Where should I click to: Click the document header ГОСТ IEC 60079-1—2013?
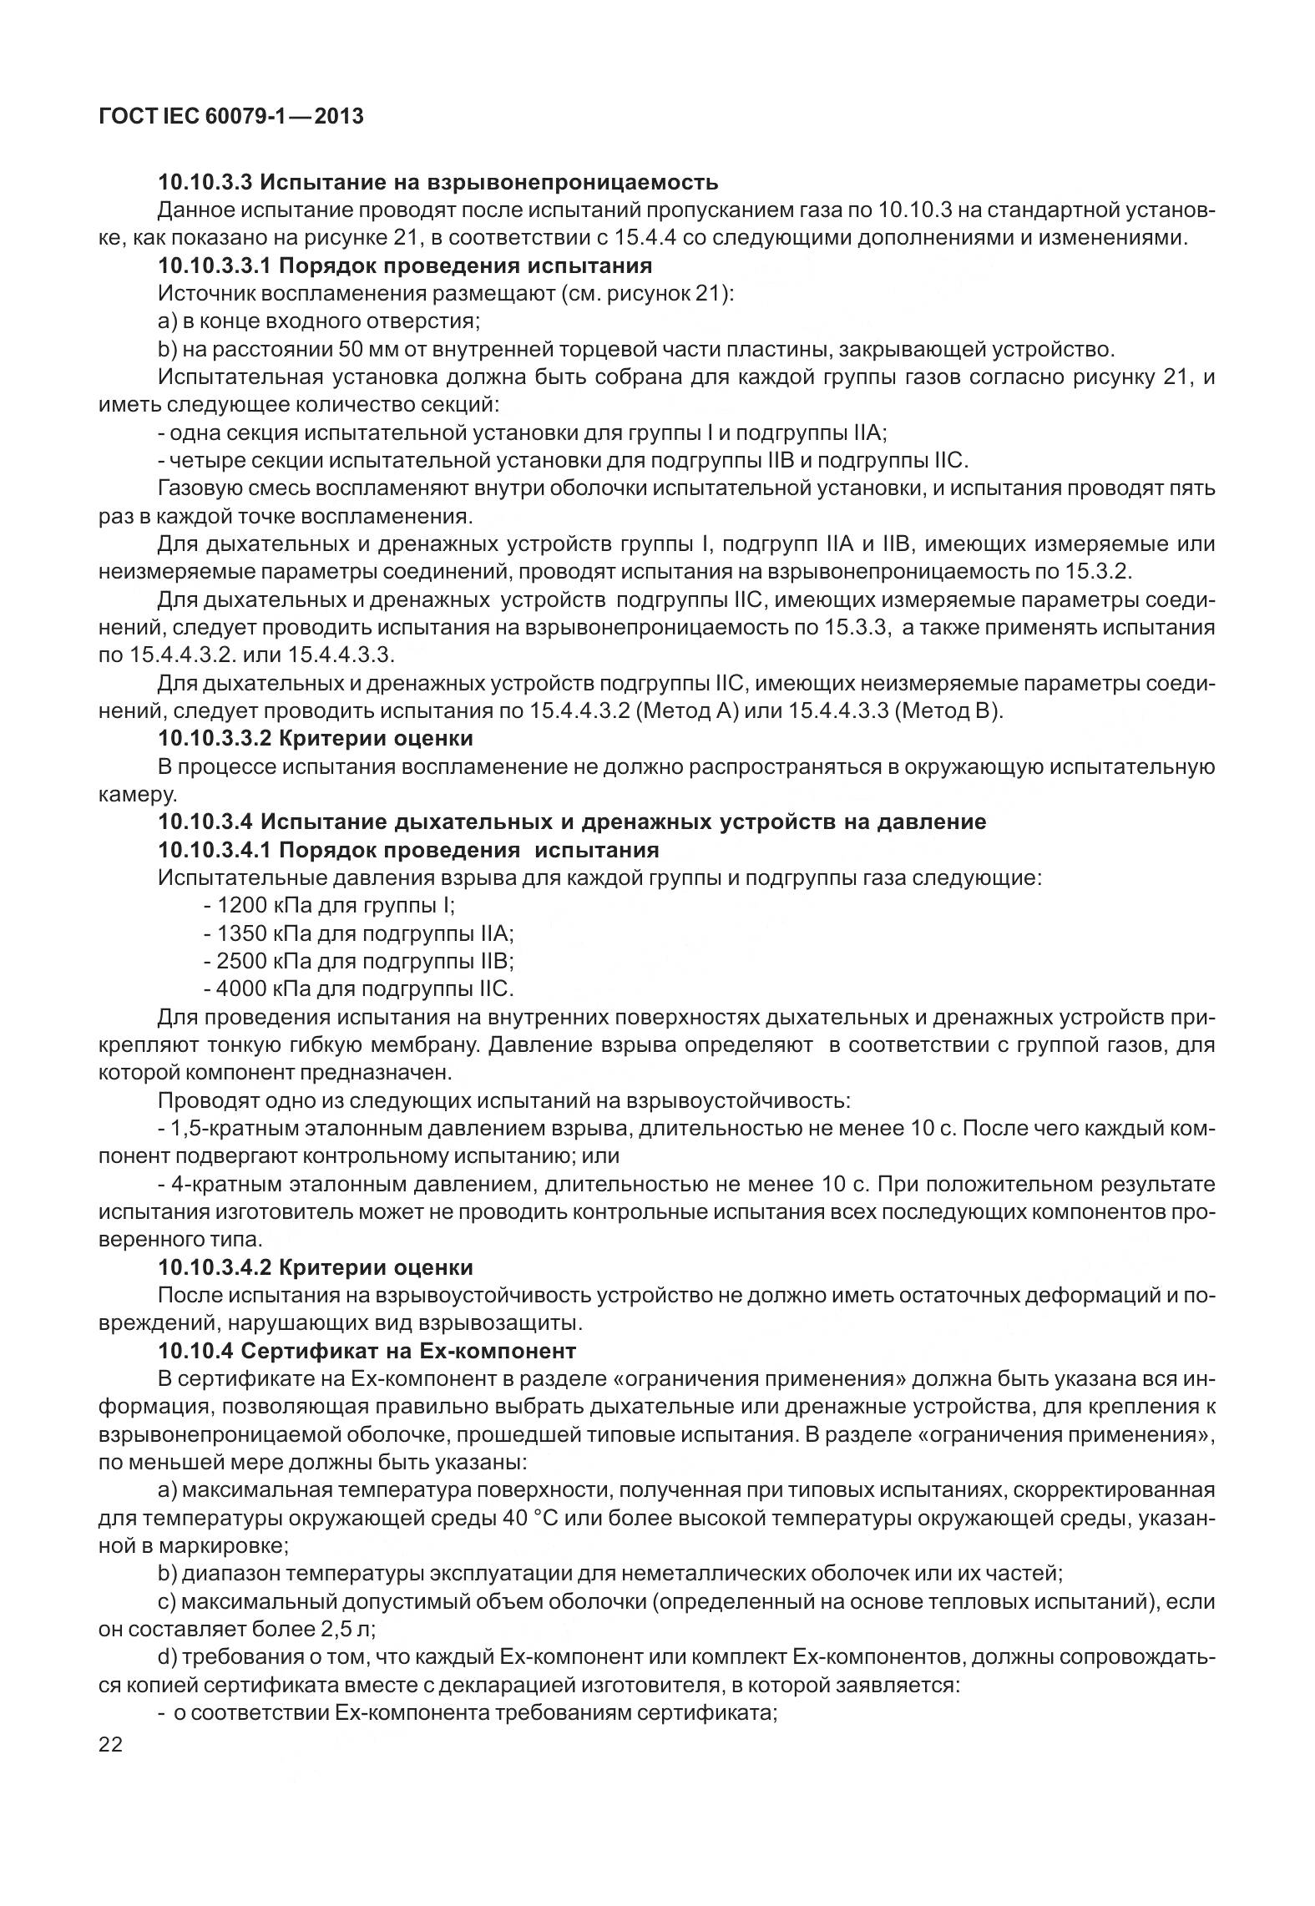click(x=230, y=117)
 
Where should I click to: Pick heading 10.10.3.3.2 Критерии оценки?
click(x=316, y=739)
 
